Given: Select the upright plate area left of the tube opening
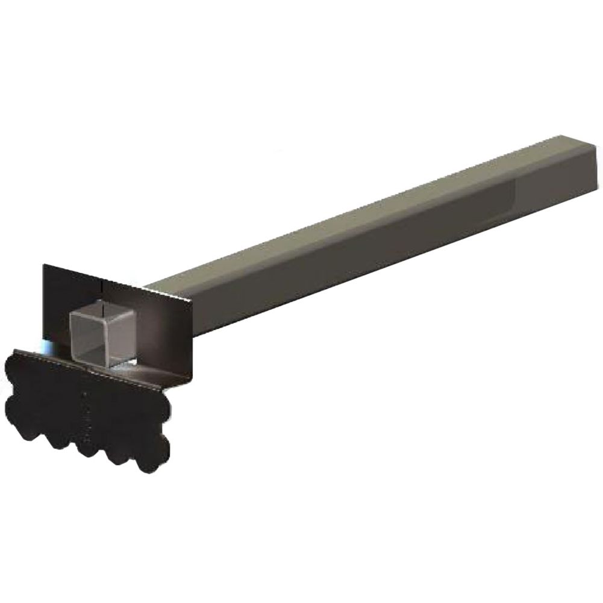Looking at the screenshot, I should tap(57, 313).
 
